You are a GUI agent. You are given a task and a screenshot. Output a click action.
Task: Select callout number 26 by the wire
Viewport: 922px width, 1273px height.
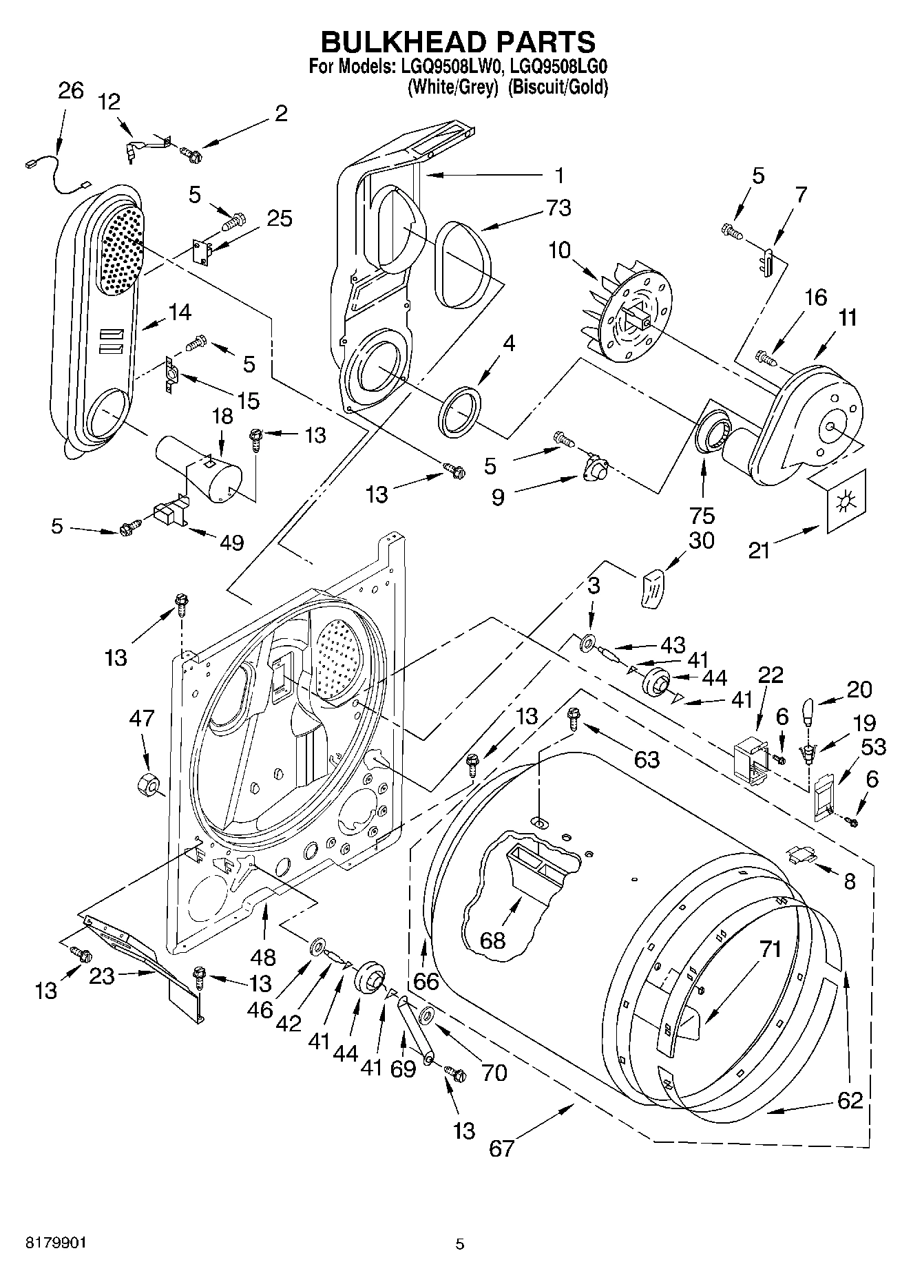click(70, 91)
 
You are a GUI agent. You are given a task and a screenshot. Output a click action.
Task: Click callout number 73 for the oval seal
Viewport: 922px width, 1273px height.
click(558, 207)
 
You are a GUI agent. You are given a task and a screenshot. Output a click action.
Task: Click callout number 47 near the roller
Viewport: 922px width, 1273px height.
click(142, 719)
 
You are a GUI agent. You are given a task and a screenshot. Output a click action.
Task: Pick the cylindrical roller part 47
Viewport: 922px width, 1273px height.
click(147, 785)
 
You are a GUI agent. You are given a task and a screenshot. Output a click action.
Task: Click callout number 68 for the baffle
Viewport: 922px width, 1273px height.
click(493, 940)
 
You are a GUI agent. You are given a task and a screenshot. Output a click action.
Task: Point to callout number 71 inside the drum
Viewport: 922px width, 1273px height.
click(771, 949)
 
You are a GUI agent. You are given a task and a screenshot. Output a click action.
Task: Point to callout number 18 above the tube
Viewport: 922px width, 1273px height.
click(222, 417)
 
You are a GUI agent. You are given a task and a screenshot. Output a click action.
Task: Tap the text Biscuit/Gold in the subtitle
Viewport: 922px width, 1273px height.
click(558, 87)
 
